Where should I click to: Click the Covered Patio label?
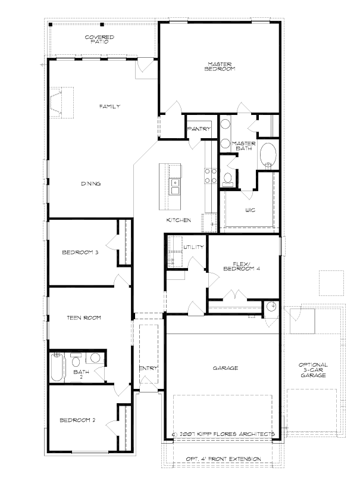pyautogui.click(x=99, y=39)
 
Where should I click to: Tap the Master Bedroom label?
pyautogui.click(x=220, y=67)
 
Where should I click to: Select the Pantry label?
pyautogui.click(x=199, y=129)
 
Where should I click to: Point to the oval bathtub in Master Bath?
pyautogui.click(x=268, y=155)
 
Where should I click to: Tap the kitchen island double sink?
pyautogui.click(x=175, y=186)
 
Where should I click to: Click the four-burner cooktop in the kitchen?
pyautogui.click(x=211, y=176)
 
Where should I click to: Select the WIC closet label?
pyautogui.click(x=250, y=210)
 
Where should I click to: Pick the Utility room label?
pyautogui.click(x=193, y=247)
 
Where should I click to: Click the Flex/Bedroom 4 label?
pyautogui.click(x=242, y=266)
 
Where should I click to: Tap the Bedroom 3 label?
pyautogui.click(x=80, y=253)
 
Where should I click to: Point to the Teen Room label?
pyautogui.click(x=84, y=317)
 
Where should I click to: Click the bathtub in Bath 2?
pyautogui.click(x=57, y=367)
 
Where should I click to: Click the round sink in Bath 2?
pyautogui.click(x=95, y=358)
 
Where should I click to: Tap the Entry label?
pyautogui.click(x=148, y=368)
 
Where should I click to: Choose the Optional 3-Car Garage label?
pyautogui.click(x=313, y=370)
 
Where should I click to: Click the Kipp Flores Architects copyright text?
pyautogui.click(x=223, y=434)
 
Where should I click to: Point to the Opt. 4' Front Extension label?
pyautogui.click(x=223, y=459)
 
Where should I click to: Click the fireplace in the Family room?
pyautogui.click(x=61, y=102)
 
